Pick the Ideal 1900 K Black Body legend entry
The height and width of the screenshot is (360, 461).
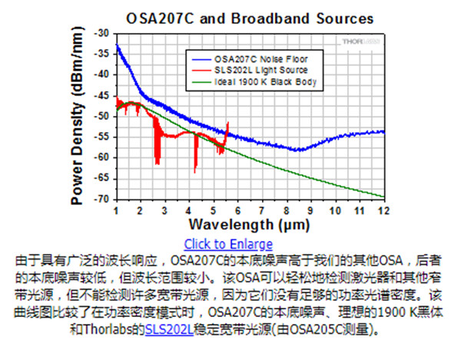pos(263,81)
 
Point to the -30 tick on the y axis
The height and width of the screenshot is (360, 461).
pos(101,34)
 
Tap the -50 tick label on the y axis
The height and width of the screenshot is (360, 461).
pos(101,116)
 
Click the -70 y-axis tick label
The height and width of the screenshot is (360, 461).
pos(101,199)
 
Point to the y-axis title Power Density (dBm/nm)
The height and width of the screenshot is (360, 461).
pos(77,117)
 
